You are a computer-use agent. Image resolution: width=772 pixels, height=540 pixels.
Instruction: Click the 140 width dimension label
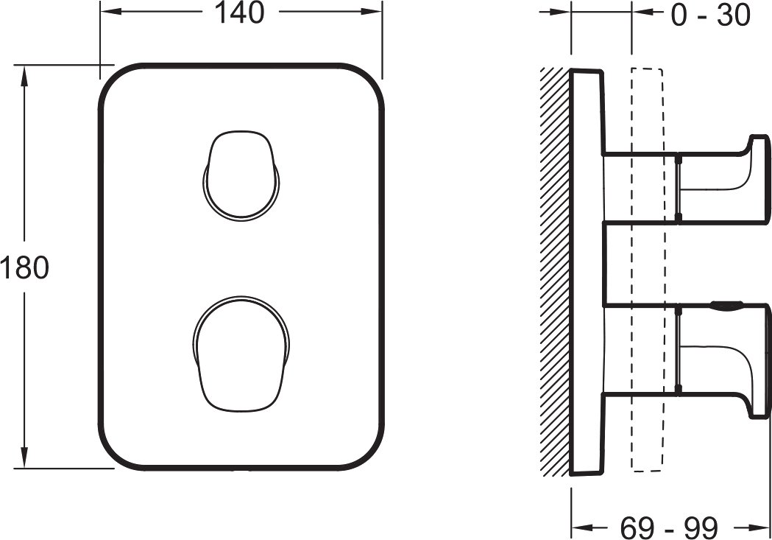click(x=240, y=13)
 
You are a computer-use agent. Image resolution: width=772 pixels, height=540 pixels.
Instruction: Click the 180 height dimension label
click(x=24, y=268)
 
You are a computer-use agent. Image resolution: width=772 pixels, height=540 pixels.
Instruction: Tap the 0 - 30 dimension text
click(x=710, y=15)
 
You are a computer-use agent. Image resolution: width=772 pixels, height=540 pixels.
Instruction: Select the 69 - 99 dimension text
click(x=669, y=527)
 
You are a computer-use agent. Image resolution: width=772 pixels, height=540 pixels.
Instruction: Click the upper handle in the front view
click(x=241, y=175)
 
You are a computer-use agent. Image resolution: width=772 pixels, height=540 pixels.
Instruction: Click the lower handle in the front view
click(x=241, y=354)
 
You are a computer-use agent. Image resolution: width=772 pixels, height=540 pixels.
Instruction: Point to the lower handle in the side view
click(x=723, y=360)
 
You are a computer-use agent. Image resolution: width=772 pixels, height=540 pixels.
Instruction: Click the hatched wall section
click(x=555, y=272)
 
